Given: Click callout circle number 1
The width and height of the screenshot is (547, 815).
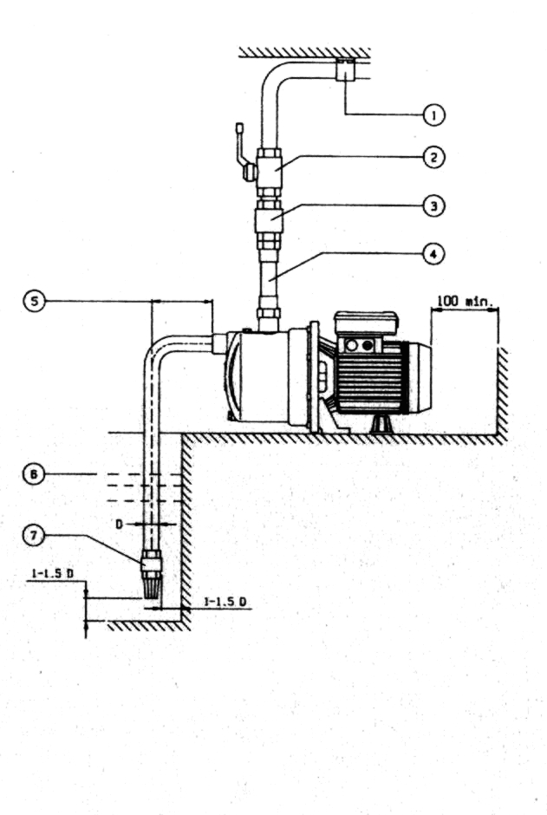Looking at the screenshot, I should (434, 114).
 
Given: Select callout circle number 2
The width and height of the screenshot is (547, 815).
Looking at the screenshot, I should (434, 157).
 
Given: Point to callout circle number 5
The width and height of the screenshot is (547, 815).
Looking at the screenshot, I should (34, 301).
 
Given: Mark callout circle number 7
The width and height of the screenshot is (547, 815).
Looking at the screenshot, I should (34, 536).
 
